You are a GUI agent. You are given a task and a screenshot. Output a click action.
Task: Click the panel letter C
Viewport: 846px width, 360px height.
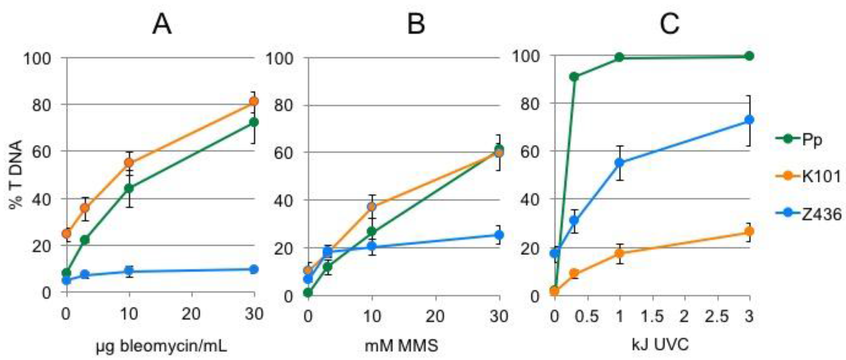[x=669, y=25]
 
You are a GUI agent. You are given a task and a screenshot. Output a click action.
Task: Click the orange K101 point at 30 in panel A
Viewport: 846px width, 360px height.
[x=254, y=101]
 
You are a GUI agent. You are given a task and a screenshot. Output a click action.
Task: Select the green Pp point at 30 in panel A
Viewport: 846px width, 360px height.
[x=254, y=122]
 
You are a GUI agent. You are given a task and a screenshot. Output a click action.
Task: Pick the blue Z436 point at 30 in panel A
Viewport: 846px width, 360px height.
[x=254, y=269]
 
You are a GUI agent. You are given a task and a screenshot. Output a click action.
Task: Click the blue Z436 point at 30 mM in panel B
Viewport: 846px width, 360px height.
[x=499, y=235]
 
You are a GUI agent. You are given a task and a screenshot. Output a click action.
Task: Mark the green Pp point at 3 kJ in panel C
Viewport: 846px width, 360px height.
[x=749, y=56]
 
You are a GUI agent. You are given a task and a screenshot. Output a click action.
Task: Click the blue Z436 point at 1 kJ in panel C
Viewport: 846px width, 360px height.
[x=619, y=163]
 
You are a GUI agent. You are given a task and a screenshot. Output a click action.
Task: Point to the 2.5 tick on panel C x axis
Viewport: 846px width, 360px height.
[x=718, y=316]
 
